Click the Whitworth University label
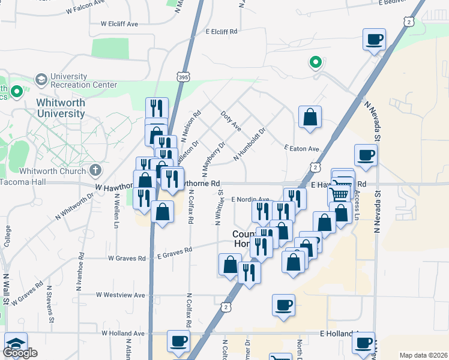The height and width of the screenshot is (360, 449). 61,108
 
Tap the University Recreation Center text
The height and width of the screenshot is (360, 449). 83,80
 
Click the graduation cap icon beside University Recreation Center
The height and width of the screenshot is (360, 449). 41,79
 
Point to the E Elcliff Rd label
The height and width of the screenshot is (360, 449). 221,31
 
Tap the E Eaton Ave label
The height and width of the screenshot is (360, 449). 301,148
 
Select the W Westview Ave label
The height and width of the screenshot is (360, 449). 121,295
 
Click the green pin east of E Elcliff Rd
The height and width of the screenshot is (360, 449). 315,62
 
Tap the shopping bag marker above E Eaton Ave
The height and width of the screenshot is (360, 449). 310,117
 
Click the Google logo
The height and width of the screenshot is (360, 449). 20,353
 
